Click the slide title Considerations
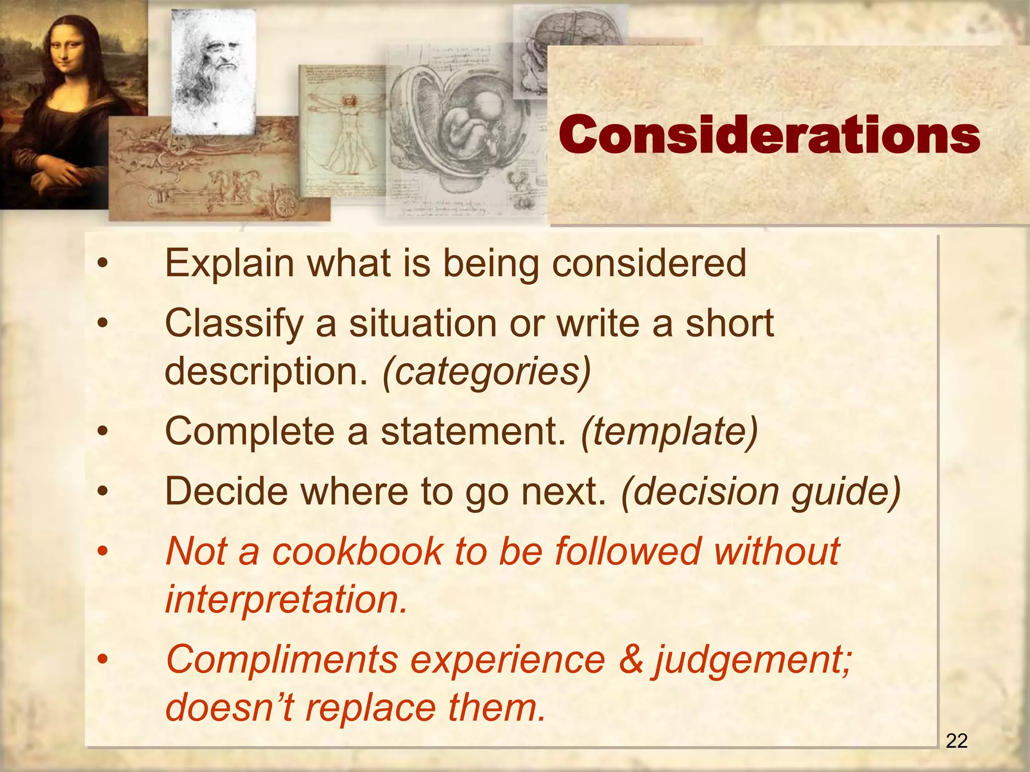[x=769, y=135]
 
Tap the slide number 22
[x=957, y=741]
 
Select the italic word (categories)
[x=486, y=372]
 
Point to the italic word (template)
[x=668, y=432]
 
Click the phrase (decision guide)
[x=760, y=492]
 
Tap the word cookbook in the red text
[x=357, y=551]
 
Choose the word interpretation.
[x=286, y=600]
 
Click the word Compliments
[x=282, y=659]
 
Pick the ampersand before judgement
[x=631, y=659]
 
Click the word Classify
[x=233, y=324]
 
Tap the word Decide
[x=226, y=492]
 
